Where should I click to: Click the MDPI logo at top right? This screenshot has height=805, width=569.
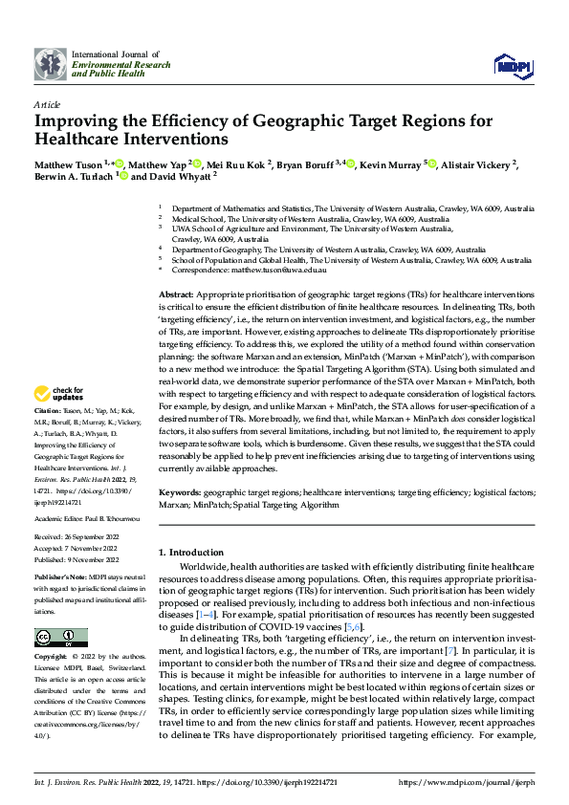tap(511, 66)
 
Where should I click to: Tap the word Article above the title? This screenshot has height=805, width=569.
tap(46, 103)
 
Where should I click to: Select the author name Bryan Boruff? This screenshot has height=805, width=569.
tap(305, 164)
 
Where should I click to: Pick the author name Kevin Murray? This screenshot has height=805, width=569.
tap(393, 164)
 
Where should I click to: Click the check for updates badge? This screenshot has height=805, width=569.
tap(59, 394)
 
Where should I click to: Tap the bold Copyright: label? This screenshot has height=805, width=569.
tap(51, 659)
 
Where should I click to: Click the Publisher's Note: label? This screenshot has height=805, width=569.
tap(59, 580)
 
